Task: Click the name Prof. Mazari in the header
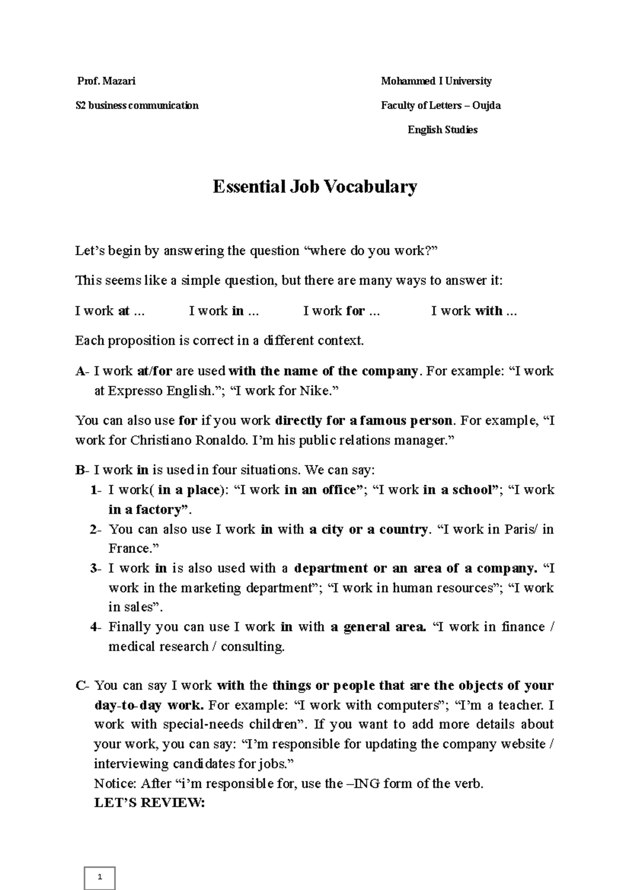coord(106,81)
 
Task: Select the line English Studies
coord(442,129)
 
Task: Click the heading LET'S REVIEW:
coord(149,803)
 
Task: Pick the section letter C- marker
coord(82,686)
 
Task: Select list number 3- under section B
coord(95,569)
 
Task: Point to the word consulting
coord(253,647)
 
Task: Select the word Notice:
coord(115,784)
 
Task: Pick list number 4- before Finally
coord(95,627)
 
